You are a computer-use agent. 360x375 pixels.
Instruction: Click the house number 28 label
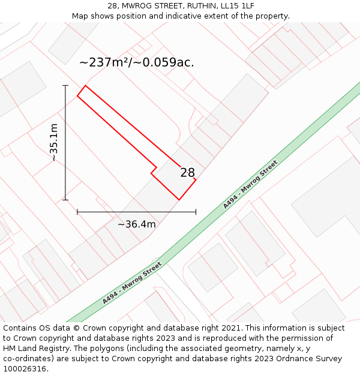pos(188,173)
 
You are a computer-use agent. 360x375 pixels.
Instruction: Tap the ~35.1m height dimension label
pos(54,143)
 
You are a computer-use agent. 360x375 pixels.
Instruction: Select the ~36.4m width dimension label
pos(136,224)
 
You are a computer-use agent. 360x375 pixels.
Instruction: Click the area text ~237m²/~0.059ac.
pos(137,62)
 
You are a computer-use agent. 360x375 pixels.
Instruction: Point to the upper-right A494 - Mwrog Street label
pos(250,184)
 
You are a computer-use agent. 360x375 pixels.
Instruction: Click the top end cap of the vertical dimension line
pos(65,85)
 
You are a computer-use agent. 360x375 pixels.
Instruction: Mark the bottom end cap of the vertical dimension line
pos(65,200)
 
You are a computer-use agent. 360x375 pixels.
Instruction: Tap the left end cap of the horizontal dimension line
pos(77,212)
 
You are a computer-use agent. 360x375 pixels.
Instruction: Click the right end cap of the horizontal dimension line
pos(196,212)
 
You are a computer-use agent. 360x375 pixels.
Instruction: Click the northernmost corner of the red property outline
pos(85,85)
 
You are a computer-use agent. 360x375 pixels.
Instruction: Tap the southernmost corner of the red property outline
pos(179,200)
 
